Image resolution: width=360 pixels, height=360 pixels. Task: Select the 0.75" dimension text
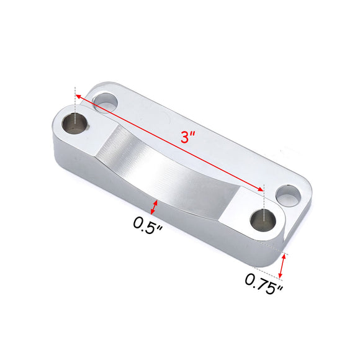click(264, 283)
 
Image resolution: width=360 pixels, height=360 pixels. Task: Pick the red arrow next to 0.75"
click(284, 266)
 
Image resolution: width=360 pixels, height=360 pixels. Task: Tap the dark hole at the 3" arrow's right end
click(263, 218)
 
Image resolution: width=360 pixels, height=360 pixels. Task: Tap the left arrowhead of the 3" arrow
click(79, 96)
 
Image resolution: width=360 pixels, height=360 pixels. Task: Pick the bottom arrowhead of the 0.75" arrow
click(282, 276)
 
